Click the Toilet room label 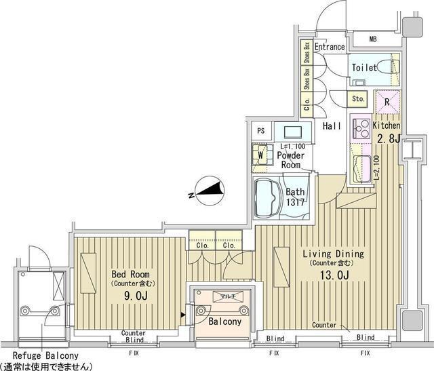pyautogui.click(x=363, y=69)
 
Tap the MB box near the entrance pyautogui.click(x=372, y=39)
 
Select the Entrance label pyautogui.click(x=330, y=47)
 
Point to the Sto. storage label pyautogui.click(x=358, y=99)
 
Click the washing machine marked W pyautogui.click(x=259, y=155)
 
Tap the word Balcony pyautogui.click(x=224, y=321)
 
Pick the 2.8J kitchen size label pyautogui.click(x=388, y=139)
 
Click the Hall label pyautogui.click(x=332, y=126)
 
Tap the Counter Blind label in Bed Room pyautogui.click(x=134, y=337)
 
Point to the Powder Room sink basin pyautogui.click(x=294, y=132)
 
